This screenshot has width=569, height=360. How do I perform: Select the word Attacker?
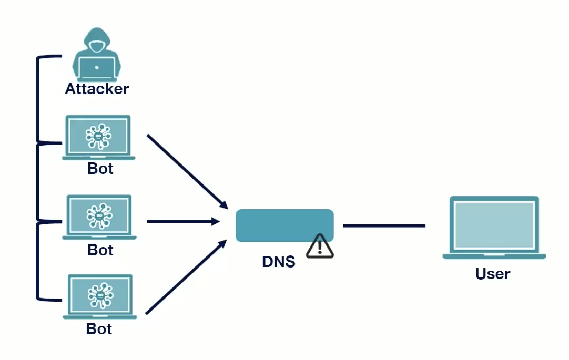coord(97,89)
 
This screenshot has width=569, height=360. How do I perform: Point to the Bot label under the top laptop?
coord(100,169)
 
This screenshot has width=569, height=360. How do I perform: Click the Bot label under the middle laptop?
coord(100,250)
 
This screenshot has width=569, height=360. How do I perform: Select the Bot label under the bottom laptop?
coord(99,329)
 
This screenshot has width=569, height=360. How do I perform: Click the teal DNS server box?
coord(284,225)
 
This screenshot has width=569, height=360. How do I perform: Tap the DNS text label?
coord(279,261)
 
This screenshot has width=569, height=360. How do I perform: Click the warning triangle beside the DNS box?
coord(320,246)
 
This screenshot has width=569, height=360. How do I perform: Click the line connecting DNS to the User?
coord(384,226)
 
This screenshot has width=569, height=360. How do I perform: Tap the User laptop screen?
coord(494,224)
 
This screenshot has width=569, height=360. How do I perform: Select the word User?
coord(493,274)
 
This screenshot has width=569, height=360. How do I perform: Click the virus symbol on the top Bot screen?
coord(99,136)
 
